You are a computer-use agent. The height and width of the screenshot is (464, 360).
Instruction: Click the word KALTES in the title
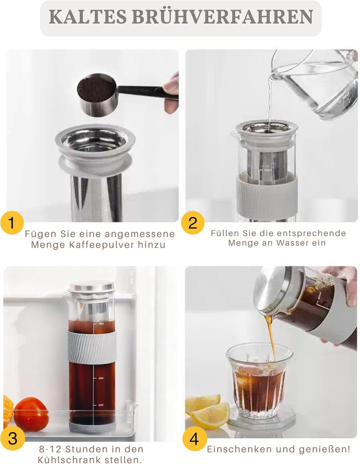(x=84, y=18)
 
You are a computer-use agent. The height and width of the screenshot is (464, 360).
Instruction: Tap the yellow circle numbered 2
(x=192, y=222)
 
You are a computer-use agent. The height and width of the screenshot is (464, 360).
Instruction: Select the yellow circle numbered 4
(x=194, y=439)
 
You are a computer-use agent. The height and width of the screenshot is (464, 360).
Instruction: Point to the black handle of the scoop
(x=142, y=92)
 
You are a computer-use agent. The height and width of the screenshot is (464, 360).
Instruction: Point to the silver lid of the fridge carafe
(x=91, y=287)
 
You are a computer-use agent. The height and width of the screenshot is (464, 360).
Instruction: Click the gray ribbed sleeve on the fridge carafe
(x=92, y=347)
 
